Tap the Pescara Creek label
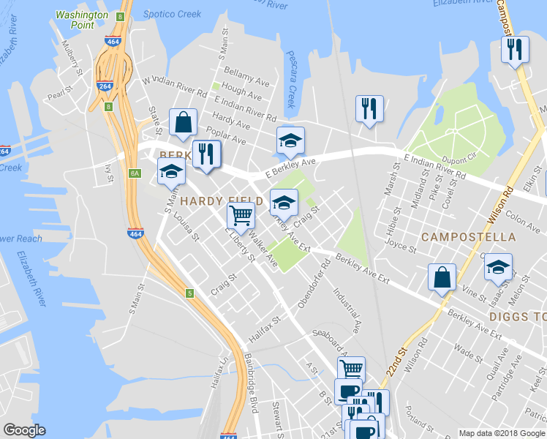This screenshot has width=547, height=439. coord(290,86)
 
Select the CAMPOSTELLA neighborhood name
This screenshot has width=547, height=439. coord(468,238)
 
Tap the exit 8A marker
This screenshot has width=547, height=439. coord(135,173)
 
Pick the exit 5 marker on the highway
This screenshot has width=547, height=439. coord(190,293)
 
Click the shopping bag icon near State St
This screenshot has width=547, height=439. coord(183,122)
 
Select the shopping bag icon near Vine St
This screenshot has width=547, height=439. coord(442,278)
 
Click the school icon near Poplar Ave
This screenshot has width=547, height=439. coord(290,140)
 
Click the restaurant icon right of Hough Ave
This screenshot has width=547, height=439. coord(369,108)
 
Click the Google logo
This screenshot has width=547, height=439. coord(24,430)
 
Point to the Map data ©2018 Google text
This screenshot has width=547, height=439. coord(501,433)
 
